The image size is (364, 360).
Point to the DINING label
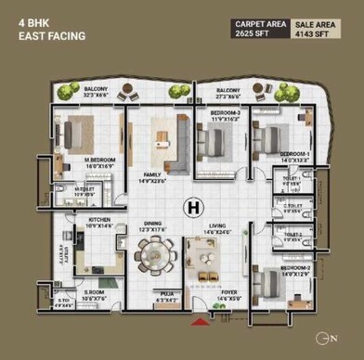152,224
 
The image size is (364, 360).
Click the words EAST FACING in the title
52,37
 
